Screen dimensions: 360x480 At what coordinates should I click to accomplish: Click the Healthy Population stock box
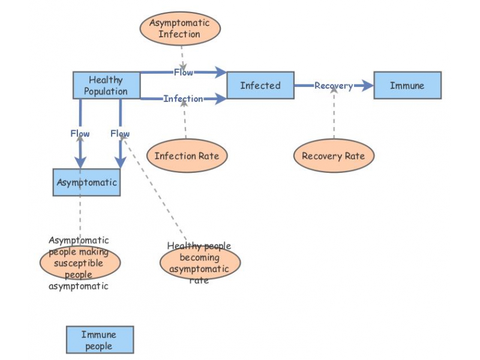point(106,85)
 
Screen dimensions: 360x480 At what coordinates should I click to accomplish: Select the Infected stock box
point(260,85)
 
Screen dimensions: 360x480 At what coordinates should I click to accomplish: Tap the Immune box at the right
point(407,85)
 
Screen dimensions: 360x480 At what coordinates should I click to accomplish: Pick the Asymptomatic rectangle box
point(86,182)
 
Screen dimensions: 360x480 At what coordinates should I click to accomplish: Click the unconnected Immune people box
point(99,340)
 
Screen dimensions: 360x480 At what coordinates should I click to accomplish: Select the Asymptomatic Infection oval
point(179,29)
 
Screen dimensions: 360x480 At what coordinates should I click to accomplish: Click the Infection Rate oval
point(187,156)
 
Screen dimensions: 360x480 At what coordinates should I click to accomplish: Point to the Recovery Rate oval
point(334,156)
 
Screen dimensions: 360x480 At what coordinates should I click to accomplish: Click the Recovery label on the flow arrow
point(334,86)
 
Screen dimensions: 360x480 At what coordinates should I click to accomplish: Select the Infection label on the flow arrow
point(183,98)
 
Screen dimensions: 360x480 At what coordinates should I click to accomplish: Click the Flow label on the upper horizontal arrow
point(183,72)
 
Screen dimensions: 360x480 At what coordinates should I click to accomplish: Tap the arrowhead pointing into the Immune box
point(367,86)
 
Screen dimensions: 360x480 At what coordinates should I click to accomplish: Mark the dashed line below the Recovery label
point(334,117)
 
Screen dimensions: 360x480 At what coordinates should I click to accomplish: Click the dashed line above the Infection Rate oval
point(185,123)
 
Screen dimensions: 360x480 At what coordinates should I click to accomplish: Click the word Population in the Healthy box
point(106,91)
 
